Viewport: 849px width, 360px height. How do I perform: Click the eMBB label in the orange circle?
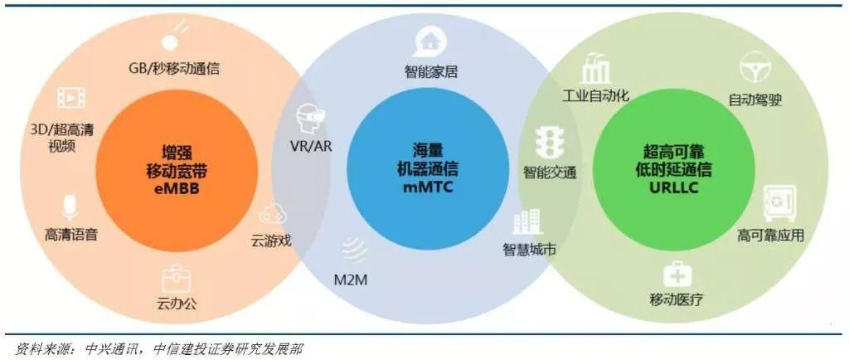click(x=170, y=190)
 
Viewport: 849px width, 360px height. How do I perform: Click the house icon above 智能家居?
click(x=429, y=39)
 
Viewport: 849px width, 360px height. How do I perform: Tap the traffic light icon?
click(x=546, y=143)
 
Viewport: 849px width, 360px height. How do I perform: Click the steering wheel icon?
click(x=755, y=71)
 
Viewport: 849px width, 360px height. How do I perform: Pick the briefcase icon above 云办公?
click(x=176, y=276)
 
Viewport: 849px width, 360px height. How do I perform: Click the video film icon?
click(x=71, y=98)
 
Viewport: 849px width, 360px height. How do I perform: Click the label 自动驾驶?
click(x=755, y=100)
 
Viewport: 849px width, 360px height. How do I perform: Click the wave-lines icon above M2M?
click(x=353, y=249)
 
